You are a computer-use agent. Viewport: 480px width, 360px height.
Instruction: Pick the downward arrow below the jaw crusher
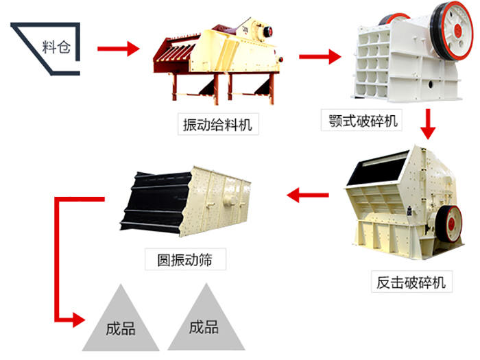[x=429, y=124]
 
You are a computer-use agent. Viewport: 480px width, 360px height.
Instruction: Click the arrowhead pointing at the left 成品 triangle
[x=80, y=320]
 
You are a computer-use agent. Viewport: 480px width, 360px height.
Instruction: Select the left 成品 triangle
[x=119, y=322]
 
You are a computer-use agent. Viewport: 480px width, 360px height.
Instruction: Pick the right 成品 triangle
[x=204, y=322]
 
